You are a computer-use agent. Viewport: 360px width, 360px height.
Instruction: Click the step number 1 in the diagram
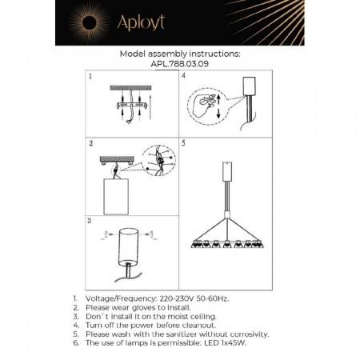point(91,77)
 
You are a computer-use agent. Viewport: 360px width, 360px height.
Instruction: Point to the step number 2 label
point(91,145)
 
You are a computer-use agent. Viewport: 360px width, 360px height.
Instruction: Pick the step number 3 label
point(91,219)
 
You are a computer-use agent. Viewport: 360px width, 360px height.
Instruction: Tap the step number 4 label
point(183,77)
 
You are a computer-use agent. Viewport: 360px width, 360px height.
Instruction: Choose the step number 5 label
point(183,145)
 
